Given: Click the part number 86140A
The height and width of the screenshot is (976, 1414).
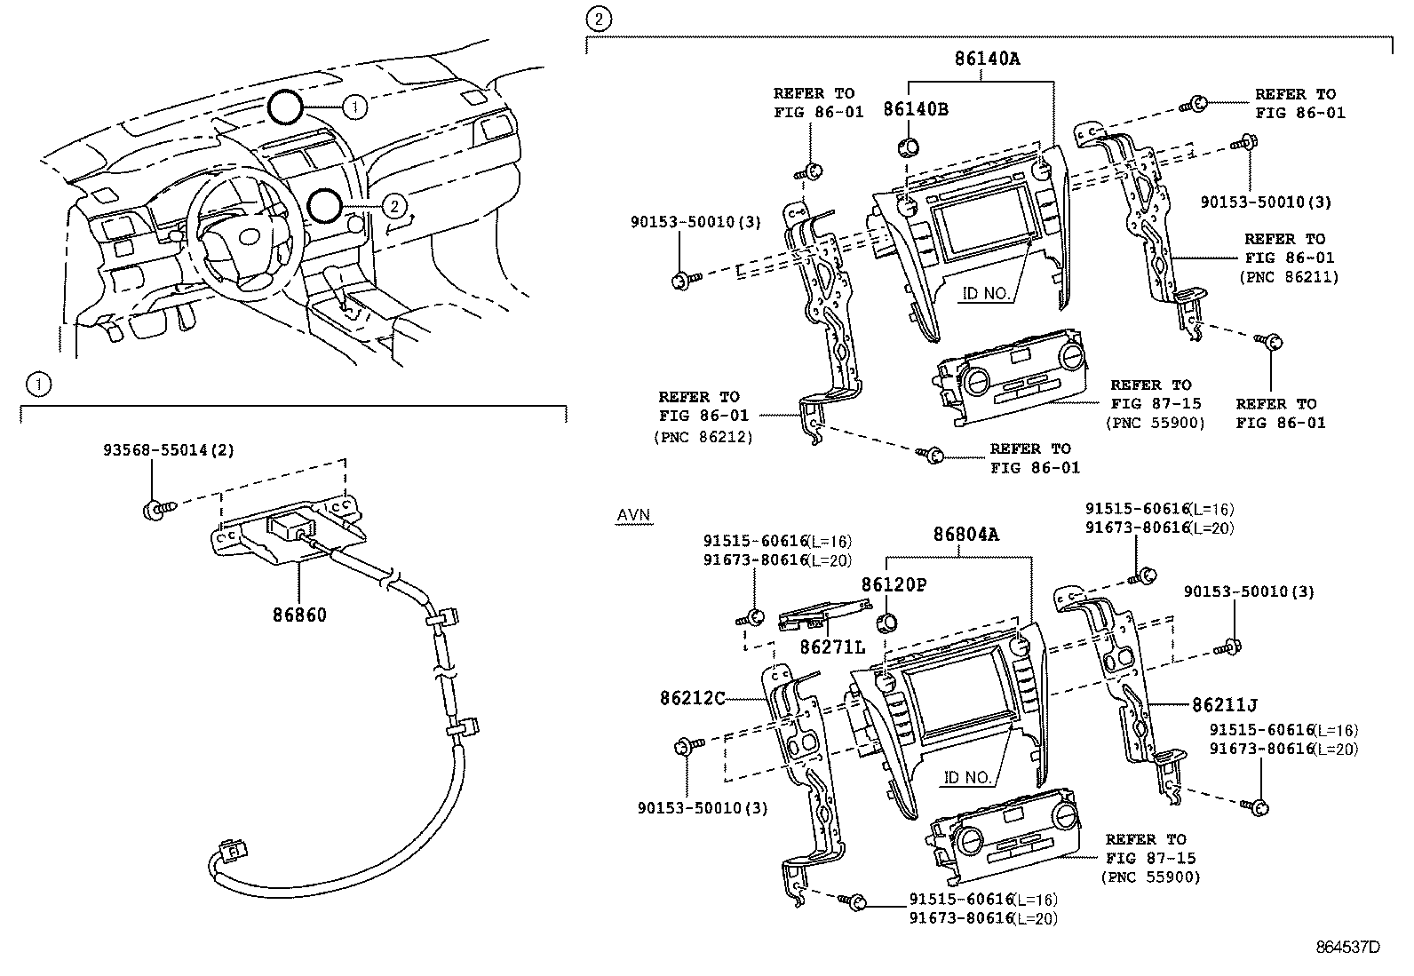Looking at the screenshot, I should [988, 60].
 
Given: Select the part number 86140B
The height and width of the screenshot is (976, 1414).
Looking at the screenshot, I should [915, 109].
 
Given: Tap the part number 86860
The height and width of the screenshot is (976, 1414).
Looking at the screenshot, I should [298, 614].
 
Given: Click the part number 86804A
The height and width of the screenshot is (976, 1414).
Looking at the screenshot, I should [965, 535].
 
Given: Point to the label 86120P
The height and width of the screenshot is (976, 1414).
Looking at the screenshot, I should [894, 584].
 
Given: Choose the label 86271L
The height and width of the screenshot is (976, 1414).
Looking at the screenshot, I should [831, 648].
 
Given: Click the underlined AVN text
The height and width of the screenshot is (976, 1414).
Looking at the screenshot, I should [633, 515].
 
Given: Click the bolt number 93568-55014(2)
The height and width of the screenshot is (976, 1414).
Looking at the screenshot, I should [167, 450].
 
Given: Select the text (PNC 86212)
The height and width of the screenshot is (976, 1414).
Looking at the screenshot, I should [702, 436].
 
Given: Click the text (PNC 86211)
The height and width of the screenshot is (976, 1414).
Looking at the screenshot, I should [1288, 277].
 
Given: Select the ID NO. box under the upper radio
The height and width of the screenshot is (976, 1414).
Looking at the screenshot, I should [985, 292].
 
